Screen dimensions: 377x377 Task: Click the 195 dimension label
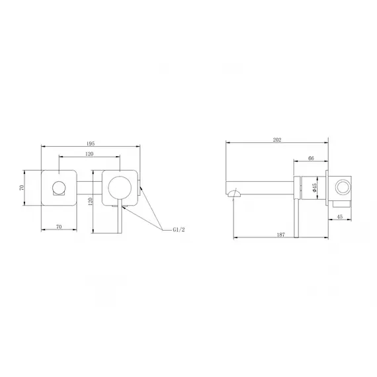[x=91, y=144]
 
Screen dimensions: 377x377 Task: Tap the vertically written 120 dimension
[x=91, y=201]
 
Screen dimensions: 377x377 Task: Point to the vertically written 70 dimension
[x=22, y=188]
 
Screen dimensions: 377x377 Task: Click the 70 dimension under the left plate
[x=59, y=226]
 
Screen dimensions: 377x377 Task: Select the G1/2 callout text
[x=179, y=230]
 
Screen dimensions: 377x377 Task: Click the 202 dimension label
[x=277, y=140]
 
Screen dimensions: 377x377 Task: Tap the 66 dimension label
[x=311, y=158]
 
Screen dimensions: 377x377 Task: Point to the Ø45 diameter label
[x=314, y=188]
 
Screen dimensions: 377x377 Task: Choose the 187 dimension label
[x=281, y=234]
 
